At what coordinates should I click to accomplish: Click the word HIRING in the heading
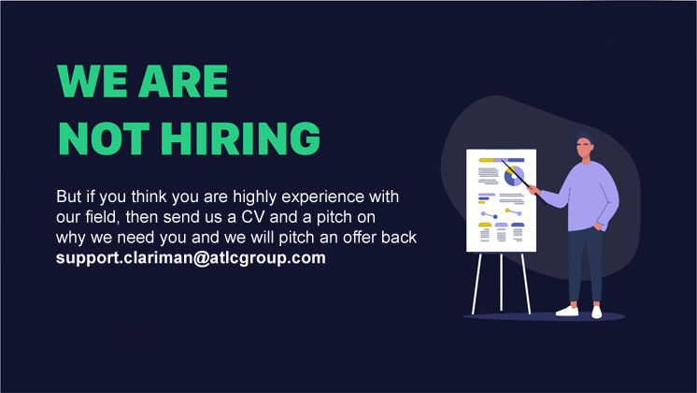pos(240,138)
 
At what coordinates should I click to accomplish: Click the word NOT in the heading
pos(104,138)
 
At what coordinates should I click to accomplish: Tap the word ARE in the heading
pos(183,80)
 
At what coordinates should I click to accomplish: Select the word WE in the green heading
pos(92,80)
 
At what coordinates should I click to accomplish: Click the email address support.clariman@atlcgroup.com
pos(191,257)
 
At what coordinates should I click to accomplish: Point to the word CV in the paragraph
pos(252,217)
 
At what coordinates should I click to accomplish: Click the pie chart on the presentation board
pos(514,176)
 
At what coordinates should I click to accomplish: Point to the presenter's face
pos(585,148)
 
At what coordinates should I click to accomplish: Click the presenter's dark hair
pos(586,138)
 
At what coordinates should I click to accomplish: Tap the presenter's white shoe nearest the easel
pos(567,311)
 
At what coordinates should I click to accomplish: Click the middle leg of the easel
pos(501,282)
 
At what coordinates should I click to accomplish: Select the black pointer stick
pos(517,174)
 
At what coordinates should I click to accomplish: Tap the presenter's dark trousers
pos(586,265)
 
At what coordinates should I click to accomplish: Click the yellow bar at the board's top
pos(486,160)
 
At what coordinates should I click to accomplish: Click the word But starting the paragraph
pos(68,196)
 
